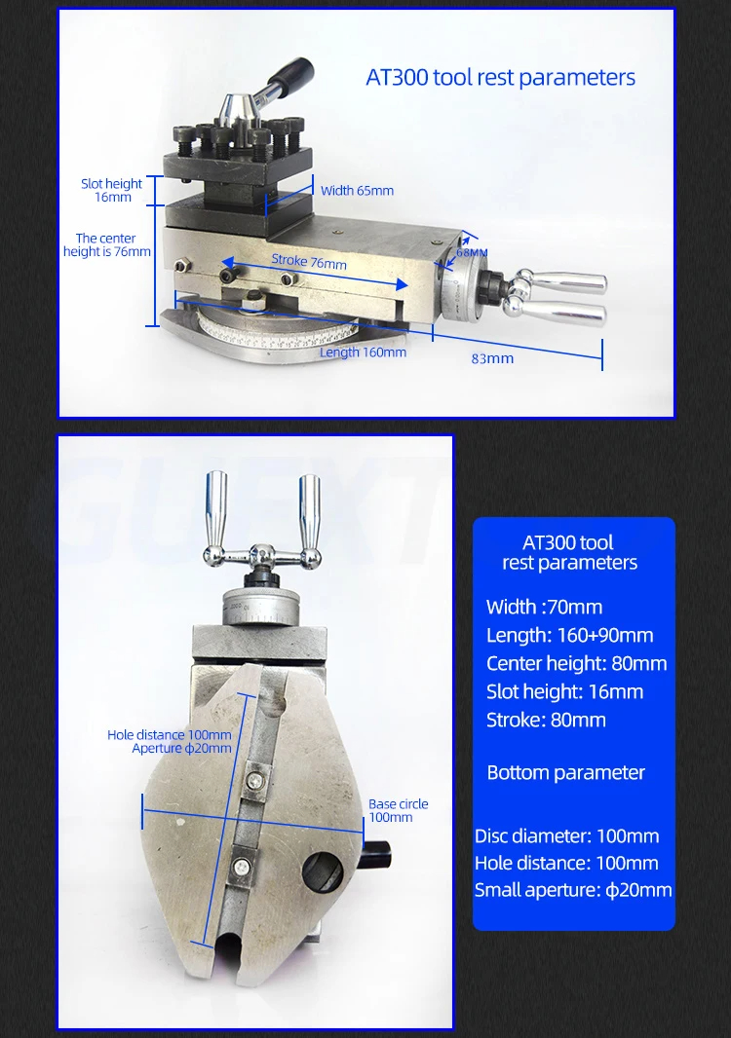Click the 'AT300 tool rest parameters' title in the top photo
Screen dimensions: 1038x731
(x=500, y=78)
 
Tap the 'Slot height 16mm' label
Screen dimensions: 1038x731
(x=111, y=190)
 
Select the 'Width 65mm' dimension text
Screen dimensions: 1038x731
(x=357, y=191)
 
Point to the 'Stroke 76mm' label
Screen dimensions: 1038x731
(x=308, y=263)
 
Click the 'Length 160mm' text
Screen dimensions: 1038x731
(x=363, y=352)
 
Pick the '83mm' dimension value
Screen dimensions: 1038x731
(x=492, y=358)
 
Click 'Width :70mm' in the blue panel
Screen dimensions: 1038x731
(x=544, y=608)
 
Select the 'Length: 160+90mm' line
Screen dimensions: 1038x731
(x=569, y=636)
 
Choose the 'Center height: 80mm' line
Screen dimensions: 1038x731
(x=576, y=664)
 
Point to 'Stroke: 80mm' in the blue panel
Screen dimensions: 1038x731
(x=546, y=721)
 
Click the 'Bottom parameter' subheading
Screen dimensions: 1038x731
(x=565, y=773)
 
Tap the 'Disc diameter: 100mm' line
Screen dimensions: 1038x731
(x=566, y=836)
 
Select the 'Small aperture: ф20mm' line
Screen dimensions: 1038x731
(x=573, y=890)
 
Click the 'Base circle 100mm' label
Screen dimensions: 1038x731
(x=398, y=810)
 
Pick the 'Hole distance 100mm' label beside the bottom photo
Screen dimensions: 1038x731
(x=170, y=735)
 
